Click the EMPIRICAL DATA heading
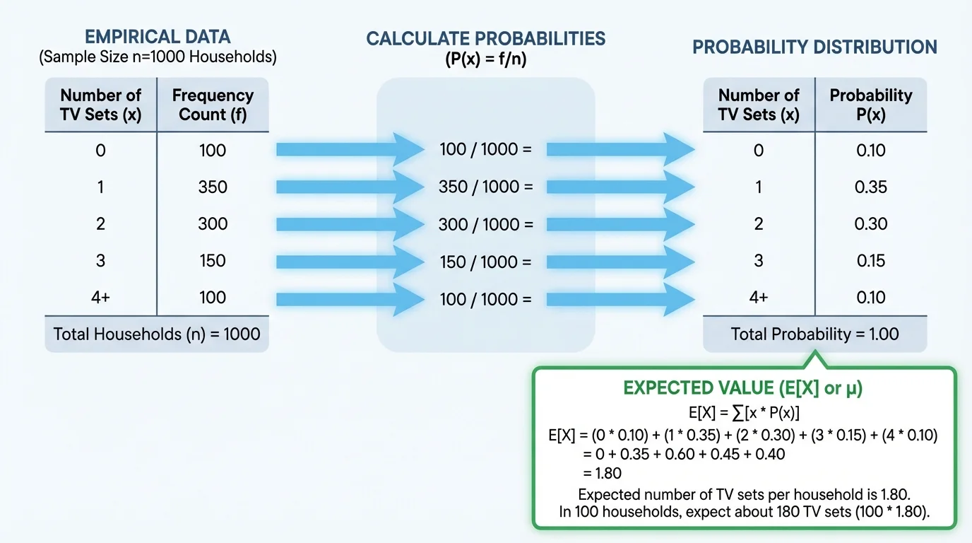(157, 37)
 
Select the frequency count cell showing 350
(213, 187)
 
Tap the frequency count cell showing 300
(213, 224)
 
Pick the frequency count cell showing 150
(213, 261)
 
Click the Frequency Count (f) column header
(213, 105)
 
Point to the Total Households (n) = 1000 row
(157, 334)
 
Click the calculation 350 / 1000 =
(485, 187)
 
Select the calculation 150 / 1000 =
(485, 262)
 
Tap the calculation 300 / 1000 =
(485, 224)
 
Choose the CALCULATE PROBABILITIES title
(485, 39)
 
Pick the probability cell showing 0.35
(870, 187)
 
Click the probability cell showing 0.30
(870, 224)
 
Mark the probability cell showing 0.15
(870, 261)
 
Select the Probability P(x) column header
(870, 105)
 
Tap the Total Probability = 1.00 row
(814, 334)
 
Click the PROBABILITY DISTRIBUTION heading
(814, 47)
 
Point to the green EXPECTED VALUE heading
(743, 388)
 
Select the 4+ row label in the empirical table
(100, 298)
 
